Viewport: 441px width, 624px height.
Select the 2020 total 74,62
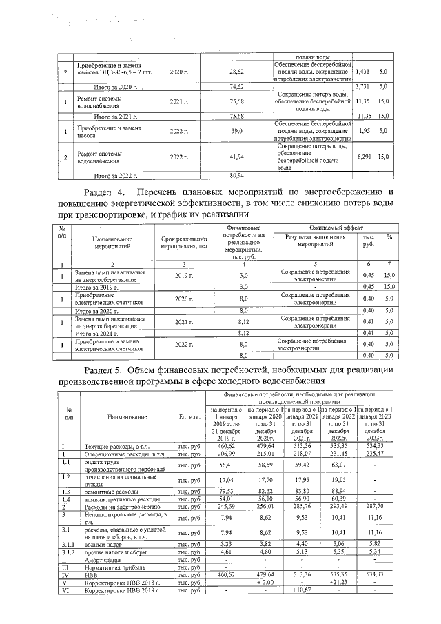pyautogui.click(x=236, y=87)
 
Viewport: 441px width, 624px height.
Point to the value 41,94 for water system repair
pyautogui.click(x=236, y=157)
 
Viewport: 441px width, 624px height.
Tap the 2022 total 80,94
pyautogui.click(x=236, y=176)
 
